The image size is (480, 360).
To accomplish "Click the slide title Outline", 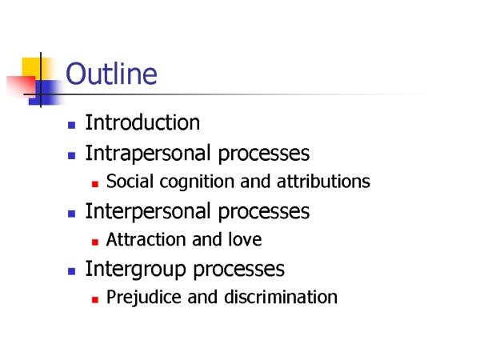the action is tap(111, 74).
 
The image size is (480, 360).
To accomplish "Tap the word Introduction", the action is tap(142, 122).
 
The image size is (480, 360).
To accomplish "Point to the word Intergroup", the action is tap(136, 269).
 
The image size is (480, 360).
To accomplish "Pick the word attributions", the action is tap(323, 181).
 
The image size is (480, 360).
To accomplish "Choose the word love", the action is tap(245, 239).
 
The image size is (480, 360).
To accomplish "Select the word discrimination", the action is tap(281, 297).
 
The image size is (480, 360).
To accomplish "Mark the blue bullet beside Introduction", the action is tap(72, 126).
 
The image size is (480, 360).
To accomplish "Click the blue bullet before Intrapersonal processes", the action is tap(72, 155).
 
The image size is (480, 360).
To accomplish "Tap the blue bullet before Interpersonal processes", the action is tap(72, 214).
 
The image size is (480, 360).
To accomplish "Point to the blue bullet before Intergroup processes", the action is tap(72, 271).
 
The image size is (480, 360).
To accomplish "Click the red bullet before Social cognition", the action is tap(95, 184).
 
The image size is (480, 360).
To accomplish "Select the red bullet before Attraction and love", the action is tap(95, 242).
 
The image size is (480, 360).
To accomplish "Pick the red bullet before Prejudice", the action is tap(95, 300).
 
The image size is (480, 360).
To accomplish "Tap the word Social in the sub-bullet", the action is tap(130, 181).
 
